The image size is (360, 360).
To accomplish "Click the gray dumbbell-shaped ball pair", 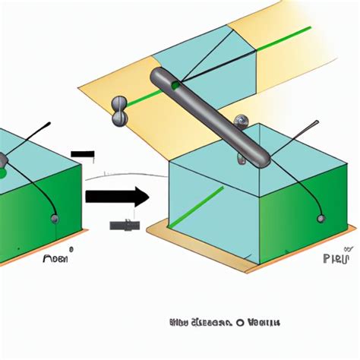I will click(x=118, y=109).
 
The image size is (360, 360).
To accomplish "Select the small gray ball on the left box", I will click(x=55, y=219).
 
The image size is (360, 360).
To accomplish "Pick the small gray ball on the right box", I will click(x=321, y=219).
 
